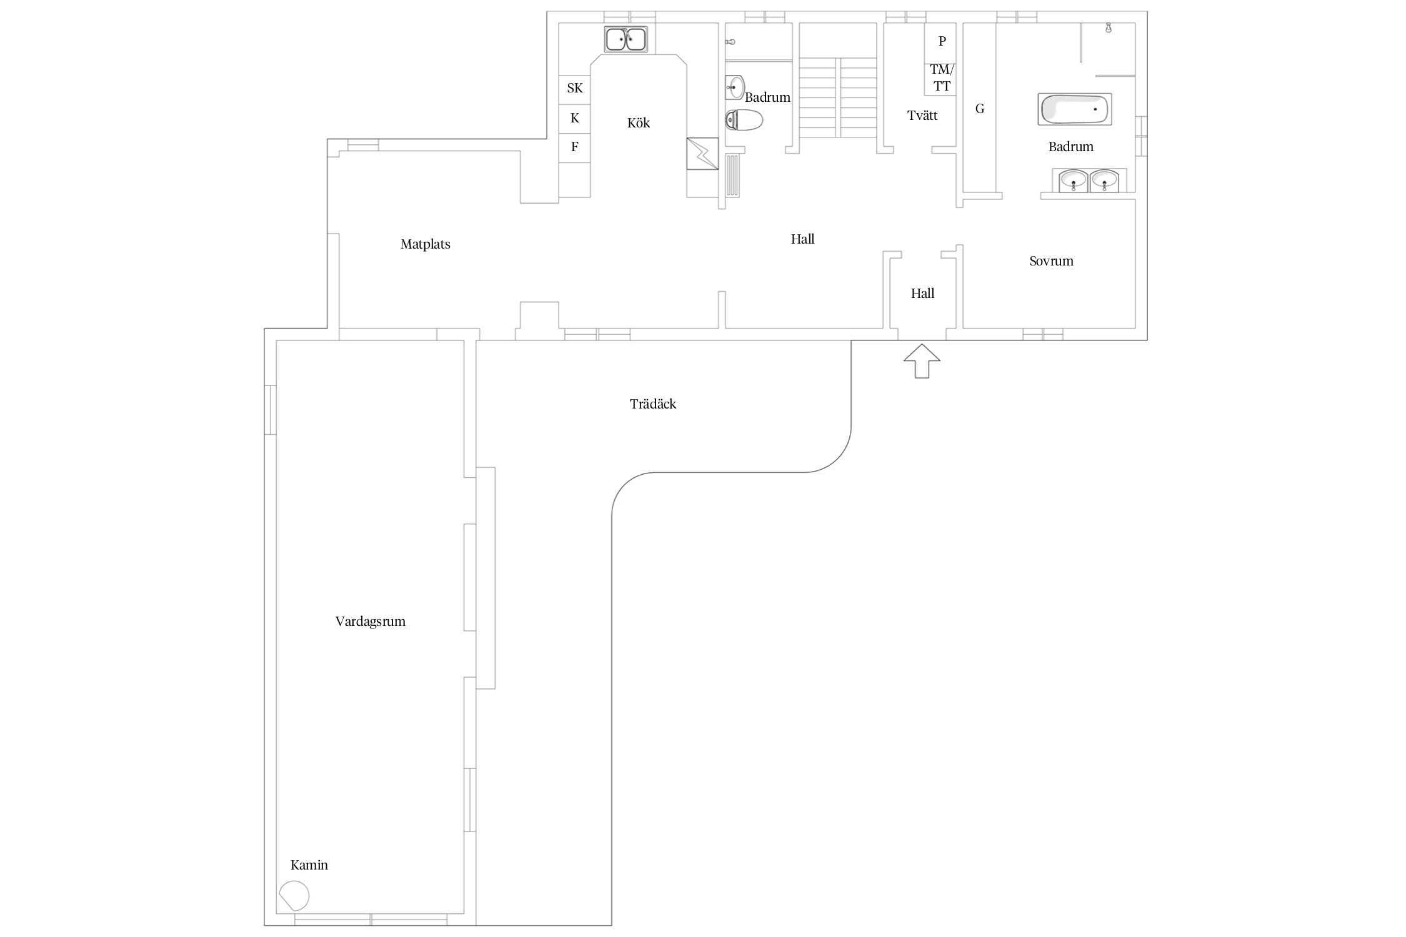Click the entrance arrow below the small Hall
tap(922, 361)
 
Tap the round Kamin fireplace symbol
tap(294, 896)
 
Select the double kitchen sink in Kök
tap(626, 39)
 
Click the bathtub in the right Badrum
tap(1075, 109)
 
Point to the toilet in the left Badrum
tap(744, 120)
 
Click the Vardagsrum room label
tap(371, 622)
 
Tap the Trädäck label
tap(653, 404)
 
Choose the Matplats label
tap(426, 244)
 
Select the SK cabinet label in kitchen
tap(575, 88)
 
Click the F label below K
tap(575, 147)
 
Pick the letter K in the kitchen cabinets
tap(575, 118)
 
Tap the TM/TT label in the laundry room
tap(942, 78)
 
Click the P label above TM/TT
tap(942, 41)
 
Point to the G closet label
tap(980, 109)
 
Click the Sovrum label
tap(1052, 261)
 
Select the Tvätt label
tap(922, 116)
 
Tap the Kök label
tap(639, 123)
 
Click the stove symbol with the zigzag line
tap(702, 154)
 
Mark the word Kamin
tap(309, 865)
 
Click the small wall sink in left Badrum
tap(735, 87)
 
